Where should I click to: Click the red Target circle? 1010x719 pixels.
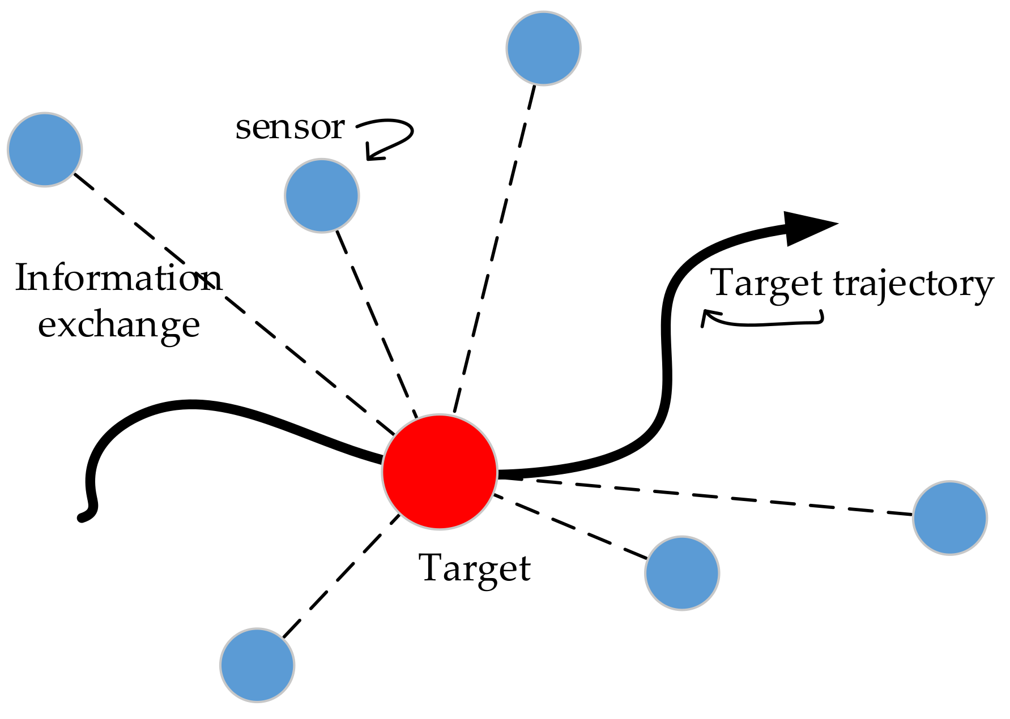click(440, 472)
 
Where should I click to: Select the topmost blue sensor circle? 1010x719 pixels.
click(543, 48)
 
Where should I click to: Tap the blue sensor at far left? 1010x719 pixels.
click(45, 149)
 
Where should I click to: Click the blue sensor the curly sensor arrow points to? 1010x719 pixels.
click(322, 195)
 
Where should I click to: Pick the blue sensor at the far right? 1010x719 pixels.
click(950, 517)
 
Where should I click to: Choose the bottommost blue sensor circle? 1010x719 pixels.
click(257, 665)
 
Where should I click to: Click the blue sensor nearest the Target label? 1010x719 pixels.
click(682, 573)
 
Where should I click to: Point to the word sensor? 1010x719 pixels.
click(289, 127)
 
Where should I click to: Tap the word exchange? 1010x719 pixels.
click(119, 325)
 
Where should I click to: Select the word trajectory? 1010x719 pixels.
click(913, 284)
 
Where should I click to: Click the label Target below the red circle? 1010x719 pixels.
click(475, 568)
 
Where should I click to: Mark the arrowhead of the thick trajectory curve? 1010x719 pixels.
click(807, 228)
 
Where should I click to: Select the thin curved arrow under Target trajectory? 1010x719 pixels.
click(762, 321)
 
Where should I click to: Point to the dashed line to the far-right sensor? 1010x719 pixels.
click(708, 496)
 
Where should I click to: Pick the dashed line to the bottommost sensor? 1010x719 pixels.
click(340, 577)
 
